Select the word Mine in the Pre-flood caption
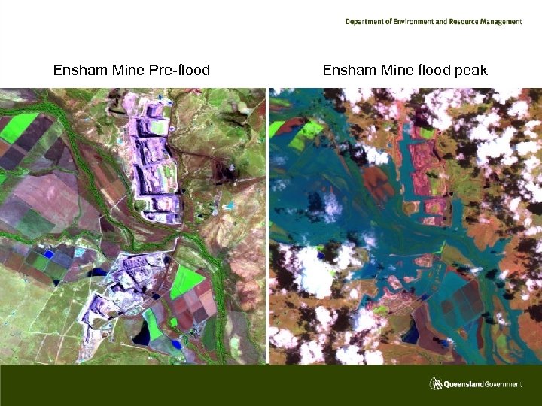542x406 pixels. pos(128,71)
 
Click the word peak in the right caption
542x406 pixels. pos(470,71)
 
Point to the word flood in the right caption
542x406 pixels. pos(434,71)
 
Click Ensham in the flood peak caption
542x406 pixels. pos(349,71)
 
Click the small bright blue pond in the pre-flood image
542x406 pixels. pos(49,255)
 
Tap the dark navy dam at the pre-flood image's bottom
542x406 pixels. pos(141,335)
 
